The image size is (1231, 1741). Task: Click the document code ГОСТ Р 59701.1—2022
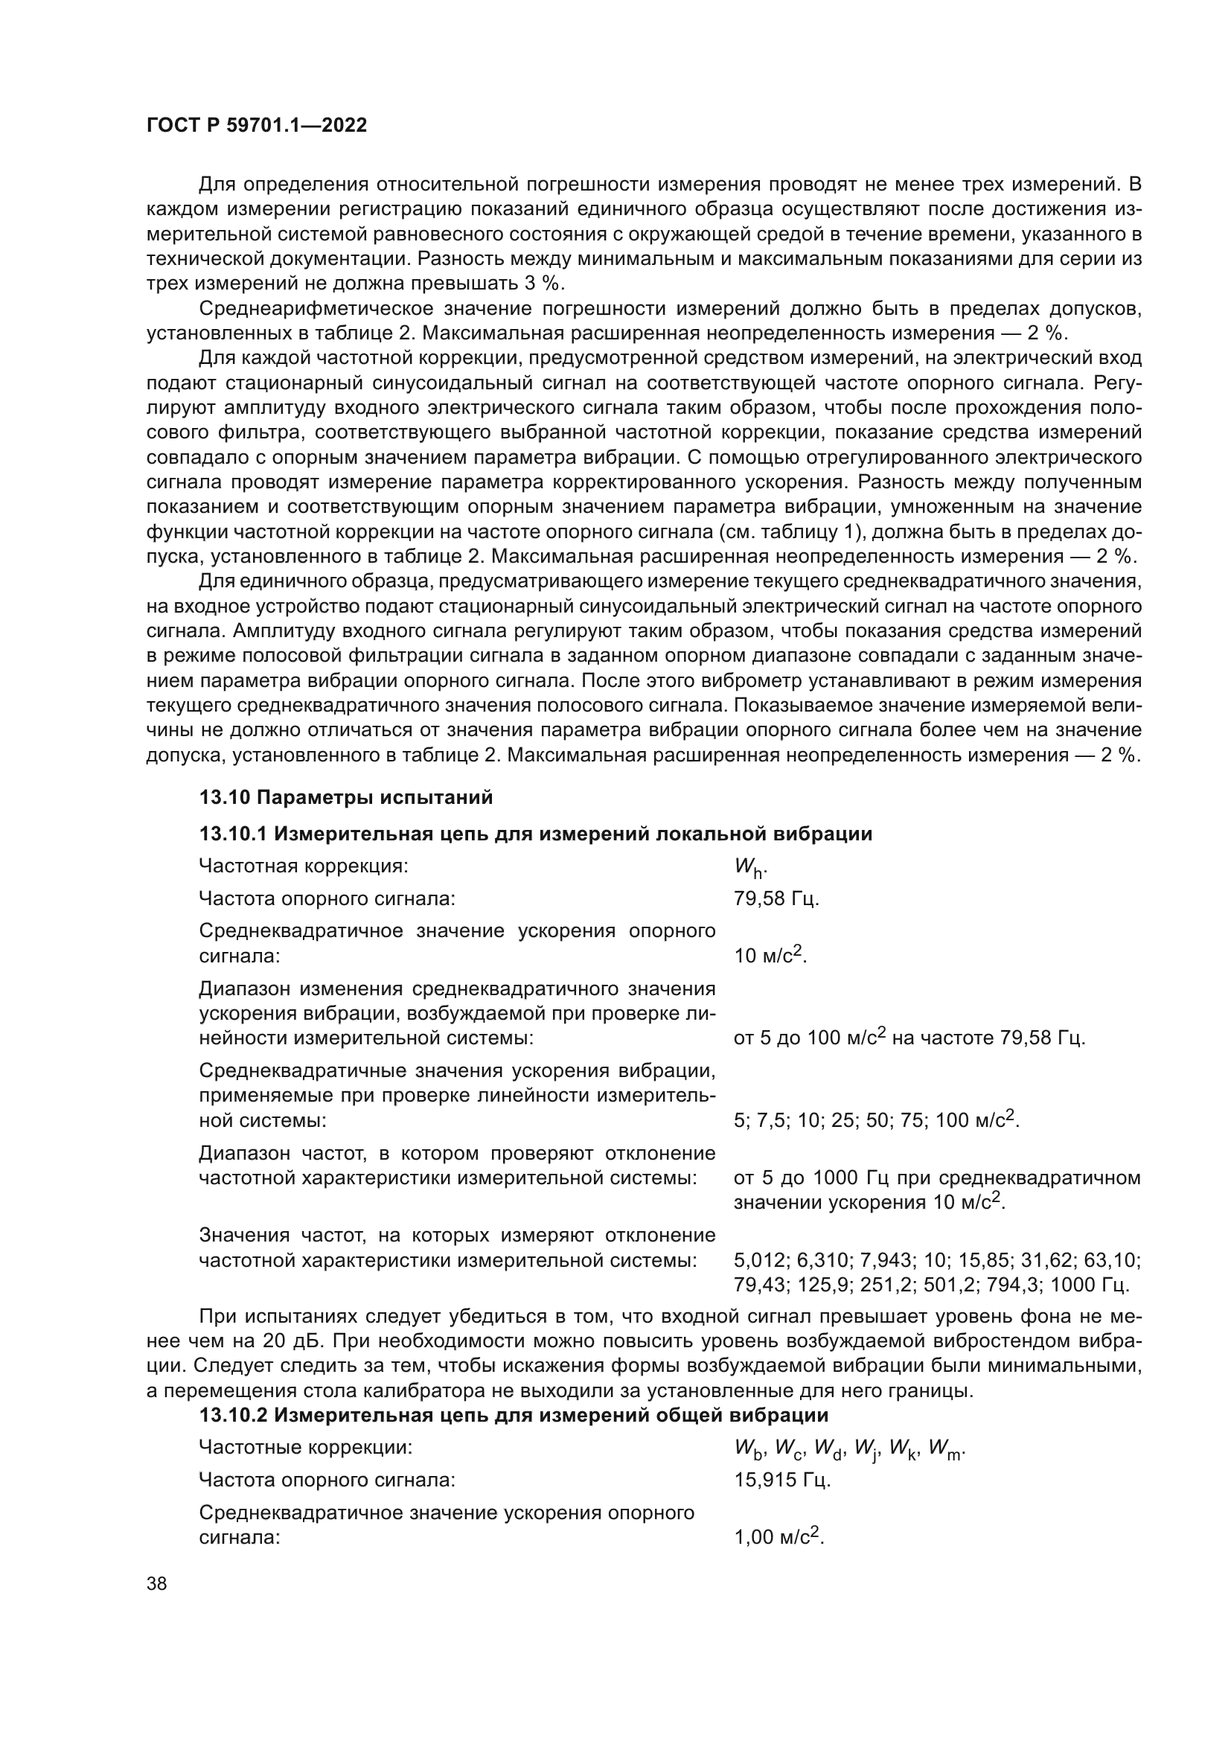256,126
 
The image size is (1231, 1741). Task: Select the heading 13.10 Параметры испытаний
345,797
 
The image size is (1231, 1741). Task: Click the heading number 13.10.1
233,834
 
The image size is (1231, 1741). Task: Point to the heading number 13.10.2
233,1415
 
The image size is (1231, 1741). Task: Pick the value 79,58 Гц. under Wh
776,898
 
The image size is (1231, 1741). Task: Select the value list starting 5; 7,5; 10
875,1119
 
